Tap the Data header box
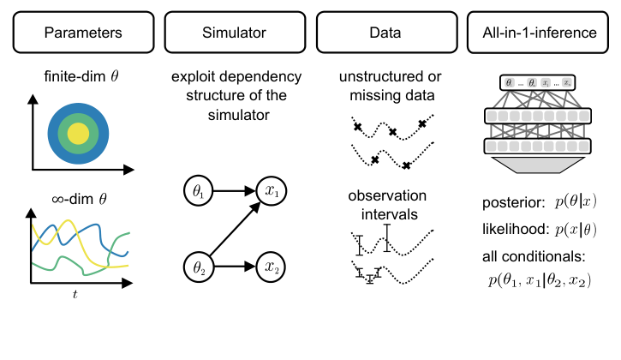(385, 33)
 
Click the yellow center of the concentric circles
(78, 133)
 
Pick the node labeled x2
(272, 267)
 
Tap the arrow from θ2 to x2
(234, 267)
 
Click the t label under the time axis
(75, 294)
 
